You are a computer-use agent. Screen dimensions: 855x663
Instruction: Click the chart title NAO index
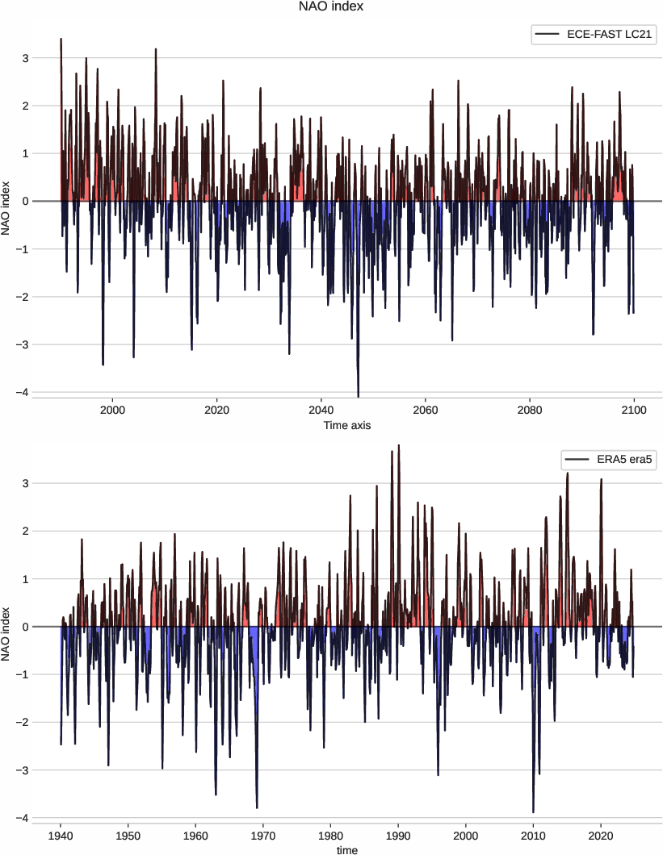pos(331,8)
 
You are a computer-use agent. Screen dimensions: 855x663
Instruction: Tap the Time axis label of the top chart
pos(346,425)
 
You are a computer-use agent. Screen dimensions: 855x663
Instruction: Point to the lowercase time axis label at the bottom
pos(346,849)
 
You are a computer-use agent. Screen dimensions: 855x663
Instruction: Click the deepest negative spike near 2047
pos(358,394)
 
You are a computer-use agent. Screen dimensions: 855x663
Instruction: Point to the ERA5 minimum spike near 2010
pos(533,811)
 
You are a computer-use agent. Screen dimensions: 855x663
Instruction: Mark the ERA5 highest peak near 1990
pos(399,446)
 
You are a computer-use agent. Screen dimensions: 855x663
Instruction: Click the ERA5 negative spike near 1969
pos(257,807)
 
